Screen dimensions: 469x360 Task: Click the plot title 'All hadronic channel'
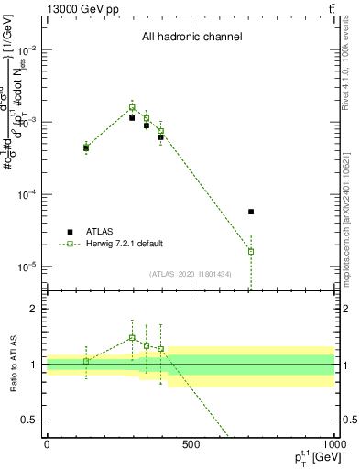tap(191, 38)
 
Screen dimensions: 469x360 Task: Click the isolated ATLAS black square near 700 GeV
tap(251, 212)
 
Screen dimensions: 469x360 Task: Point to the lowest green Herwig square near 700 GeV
tap(251, 251)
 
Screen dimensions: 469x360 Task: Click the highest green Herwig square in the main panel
tap(132, 107)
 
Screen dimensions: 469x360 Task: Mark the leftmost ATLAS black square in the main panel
tap(86, 147)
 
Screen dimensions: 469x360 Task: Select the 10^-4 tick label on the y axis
tap(28, 194)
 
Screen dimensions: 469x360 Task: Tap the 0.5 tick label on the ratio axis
tap(30, 420)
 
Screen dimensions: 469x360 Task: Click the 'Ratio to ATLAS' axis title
tap(14, 364)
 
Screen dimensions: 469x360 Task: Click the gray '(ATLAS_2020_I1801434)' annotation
tap(191, 274)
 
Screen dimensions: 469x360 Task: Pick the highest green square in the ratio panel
tap(132, 337)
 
